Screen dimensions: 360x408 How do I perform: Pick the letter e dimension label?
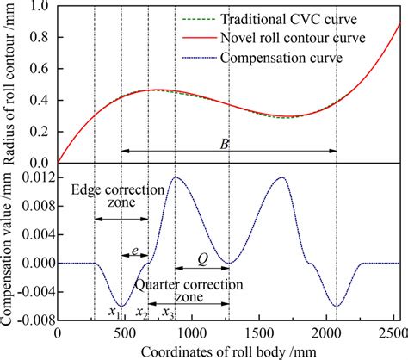click(135, 251)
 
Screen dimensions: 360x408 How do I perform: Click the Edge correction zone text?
click(105, 198)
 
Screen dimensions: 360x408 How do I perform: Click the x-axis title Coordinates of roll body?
click(227, 351)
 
